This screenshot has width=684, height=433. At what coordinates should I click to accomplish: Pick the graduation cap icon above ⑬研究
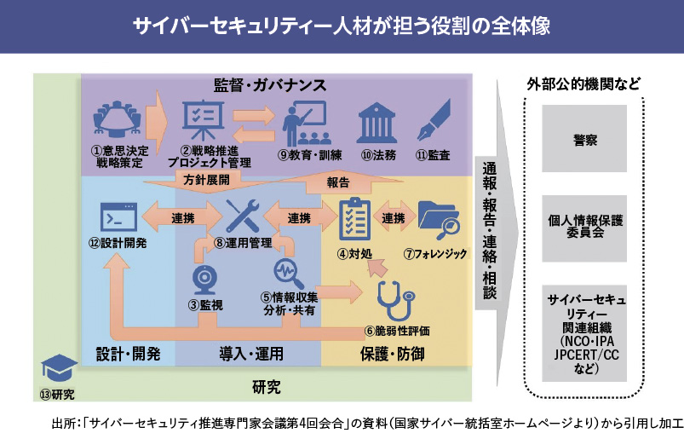(x=56, y=368)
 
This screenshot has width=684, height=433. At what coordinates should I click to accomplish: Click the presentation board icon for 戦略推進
(x=204, y=123)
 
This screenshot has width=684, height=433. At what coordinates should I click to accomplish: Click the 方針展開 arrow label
(x=207, y=180)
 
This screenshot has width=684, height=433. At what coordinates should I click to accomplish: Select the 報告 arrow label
(x=339, y=181)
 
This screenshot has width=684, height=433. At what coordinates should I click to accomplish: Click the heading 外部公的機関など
(x=583, y=84)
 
